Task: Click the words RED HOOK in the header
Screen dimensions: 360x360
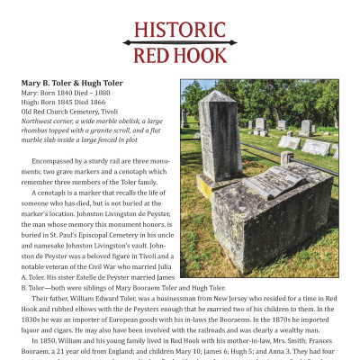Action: click(180, 57)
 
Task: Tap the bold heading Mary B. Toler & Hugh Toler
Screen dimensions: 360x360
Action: click(72, 83)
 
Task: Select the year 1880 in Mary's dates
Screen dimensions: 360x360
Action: click(100, 93)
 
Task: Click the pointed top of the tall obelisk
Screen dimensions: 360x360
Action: click(216, 93)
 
